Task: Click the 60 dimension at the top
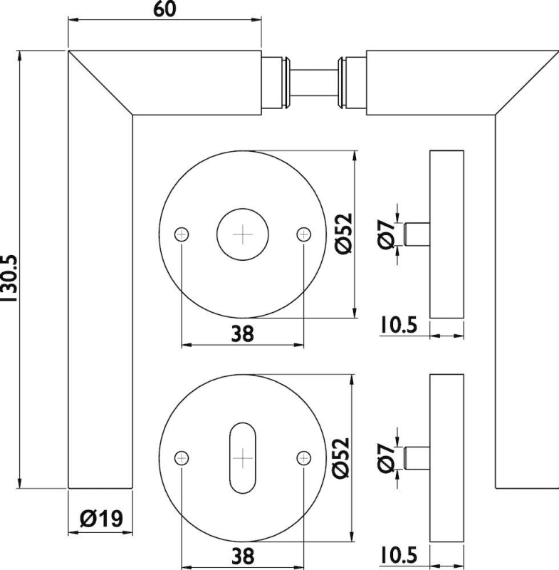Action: point(164,9)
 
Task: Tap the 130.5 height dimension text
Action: point(9,278)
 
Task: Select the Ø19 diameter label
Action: point(101,519)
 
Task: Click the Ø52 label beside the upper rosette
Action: point(344,234)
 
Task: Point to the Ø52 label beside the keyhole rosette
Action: point(340,457)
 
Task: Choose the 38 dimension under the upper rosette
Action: point(242,333)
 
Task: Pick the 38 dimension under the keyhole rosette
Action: point(243,556)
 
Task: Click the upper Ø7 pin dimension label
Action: point(386,234)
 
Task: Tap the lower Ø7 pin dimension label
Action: point(386,457)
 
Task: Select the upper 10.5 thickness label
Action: point(399,325)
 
